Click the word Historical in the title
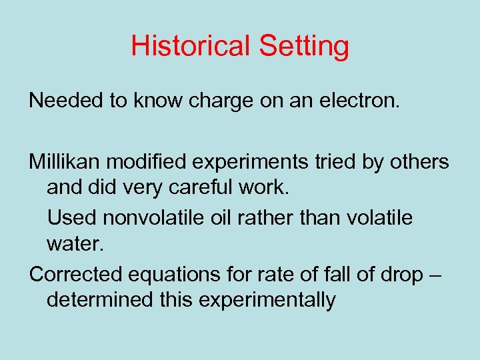pos(190,46)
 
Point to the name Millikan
pos(66,161)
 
